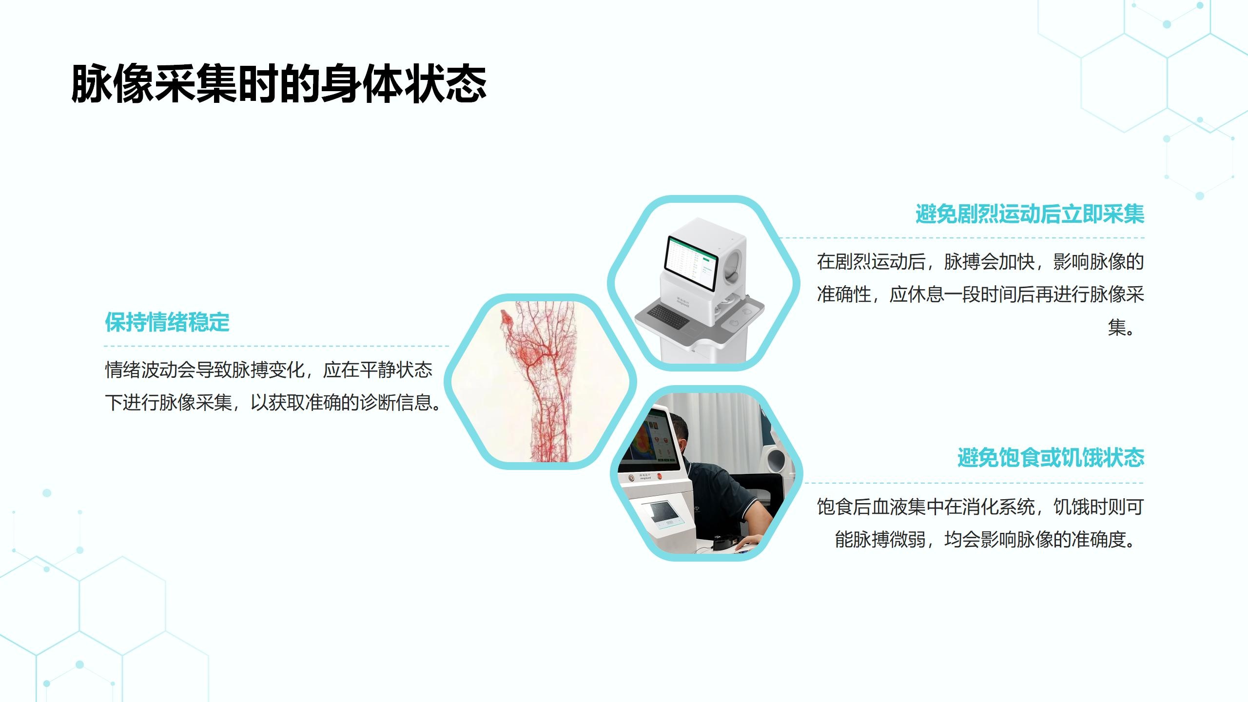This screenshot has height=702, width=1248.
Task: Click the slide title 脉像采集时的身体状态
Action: pos(279,83)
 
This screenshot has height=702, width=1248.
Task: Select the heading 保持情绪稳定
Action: pos(167,322)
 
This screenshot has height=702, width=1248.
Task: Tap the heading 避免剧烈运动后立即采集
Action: pos(1030,214)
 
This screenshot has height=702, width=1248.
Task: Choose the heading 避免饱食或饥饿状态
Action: pos(1051,458)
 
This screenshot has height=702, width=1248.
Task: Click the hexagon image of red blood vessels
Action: pos(540,381)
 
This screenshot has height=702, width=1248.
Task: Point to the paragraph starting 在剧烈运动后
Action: pos(980,294)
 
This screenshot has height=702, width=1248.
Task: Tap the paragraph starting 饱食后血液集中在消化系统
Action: pos(980,523)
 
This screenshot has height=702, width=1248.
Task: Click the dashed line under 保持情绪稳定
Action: pos(276,346)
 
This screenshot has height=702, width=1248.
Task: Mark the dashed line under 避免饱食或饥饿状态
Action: pos(974,483)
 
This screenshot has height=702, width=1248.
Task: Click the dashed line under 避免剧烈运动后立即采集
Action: pos(961,238)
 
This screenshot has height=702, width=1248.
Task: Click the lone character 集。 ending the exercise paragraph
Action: pos(1122,327)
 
